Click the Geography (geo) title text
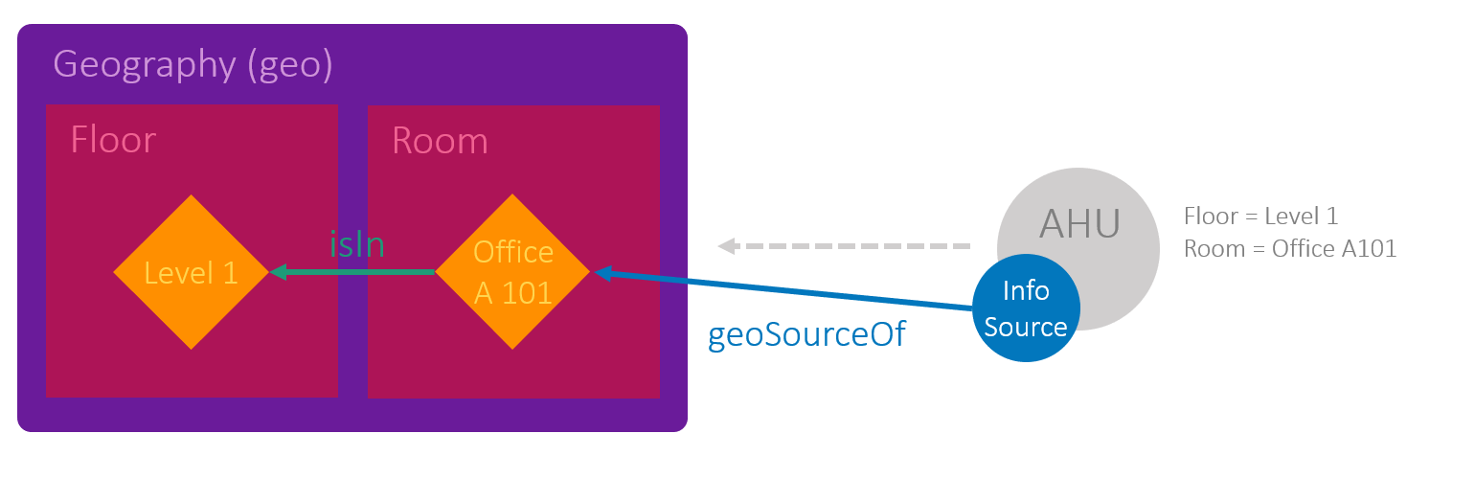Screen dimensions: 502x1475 click(x=193, y=64)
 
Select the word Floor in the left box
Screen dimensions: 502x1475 click(x=113, y=141)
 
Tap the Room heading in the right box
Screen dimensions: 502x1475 click(x=440, y=141)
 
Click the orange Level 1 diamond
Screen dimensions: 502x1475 click(x=192, y=272)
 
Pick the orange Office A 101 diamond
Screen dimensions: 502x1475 click(x=513, y=272)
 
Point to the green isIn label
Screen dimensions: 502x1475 click(x=356, y=245)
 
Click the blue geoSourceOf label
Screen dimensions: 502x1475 click(x=806, y=336)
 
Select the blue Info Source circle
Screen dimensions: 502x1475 click(x=1026, y=308)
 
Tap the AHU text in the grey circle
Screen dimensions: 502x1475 click(x=1080, y=225)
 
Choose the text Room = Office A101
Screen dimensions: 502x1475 click(x=1289, y=249)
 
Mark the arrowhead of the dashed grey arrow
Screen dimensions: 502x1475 click(x=727, y=245)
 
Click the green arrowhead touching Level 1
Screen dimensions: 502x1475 click(x=280, y=272)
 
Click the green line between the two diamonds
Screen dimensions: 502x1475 click(x=364, y=272)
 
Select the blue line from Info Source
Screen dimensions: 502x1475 click(x=785, y=290)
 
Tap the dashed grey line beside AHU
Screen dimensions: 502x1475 click(x=852, y=245)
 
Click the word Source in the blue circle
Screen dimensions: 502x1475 click(x=1026, y=327)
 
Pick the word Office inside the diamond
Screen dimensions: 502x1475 click(x=513, y=252)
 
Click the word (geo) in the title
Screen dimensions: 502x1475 click(x=289, y=64)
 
